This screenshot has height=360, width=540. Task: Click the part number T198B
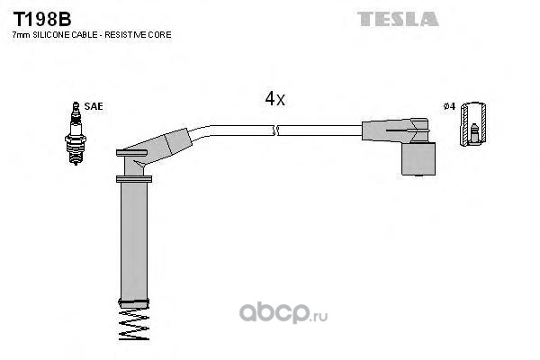tap(42, 19)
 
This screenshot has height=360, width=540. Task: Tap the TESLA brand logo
tap(398, 19)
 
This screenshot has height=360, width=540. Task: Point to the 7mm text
tap(22, 35)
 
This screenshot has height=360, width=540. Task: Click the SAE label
tap(94, 106)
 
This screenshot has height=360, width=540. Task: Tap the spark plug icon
tap(76, 134)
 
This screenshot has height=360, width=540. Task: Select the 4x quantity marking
tap(274, 99)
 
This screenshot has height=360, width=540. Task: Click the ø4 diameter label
tap(449, 106)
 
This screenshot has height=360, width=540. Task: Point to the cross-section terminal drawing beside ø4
tap(473, 123)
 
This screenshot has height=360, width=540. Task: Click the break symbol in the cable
tap(275, 130)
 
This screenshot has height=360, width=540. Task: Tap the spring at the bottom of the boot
tap(134, 323)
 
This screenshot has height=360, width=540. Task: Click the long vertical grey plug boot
tap(134, 241)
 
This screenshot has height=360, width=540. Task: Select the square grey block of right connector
tap(418, 158)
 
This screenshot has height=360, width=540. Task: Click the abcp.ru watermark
tap(283, 313)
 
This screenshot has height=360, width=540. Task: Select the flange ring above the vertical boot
tap(134, 179)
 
